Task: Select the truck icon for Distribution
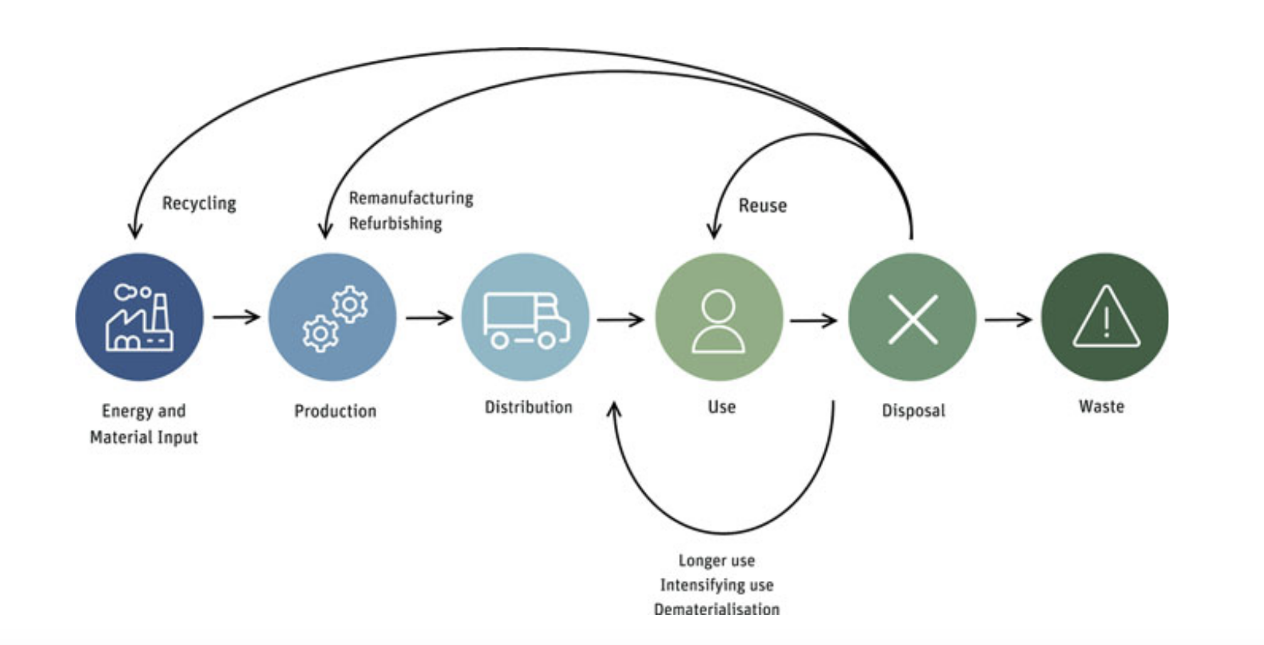click(x=526, y=319)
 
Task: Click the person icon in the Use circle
click(x=719, y=320)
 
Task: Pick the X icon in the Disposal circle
click(x=913, y=319)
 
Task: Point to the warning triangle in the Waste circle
click(x=1106, y=317)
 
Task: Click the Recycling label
click(x=199, y=203)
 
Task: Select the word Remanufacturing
click(x=411, y=198)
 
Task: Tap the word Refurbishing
click(x=396, y=223)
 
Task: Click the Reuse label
click(x=762, y=206)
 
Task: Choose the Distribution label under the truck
click(x=529, y=407)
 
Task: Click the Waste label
click(x=1102, y=407)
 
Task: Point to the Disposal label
click(x=914, y=410)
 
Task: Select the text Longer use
click(x=717, y=560)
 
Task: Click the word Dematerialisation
click(x=717, y=609)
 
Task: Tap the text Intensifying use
click(x=717, y=585)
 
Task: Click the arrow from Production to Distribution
click(x=429, y=317)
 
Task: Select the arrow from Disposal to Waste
click(x=1008, y=319)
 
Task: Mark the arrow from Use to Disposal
click(x=813, y=321)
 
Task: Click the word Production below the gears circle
click(x=335, y=411)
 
